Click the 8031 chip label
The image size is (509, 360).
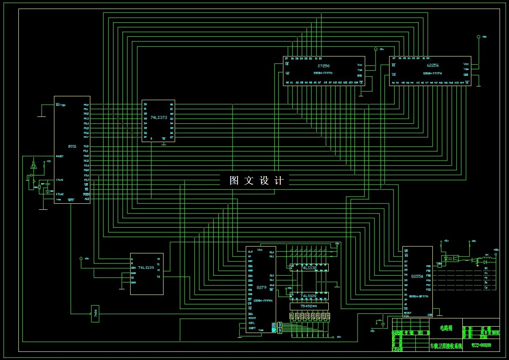(72, 146)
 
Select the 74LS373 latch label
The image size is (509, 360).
(158, 117)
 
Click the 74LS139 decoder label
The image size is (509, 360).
(146, 268)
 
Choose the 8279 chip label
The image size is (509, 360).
(261, 288)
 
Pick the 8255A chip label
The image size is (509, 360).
(417, 277)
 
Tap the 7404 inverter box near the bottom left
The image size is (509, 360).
(95, 313)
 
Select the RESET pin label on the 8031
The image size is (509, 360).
(60, 156)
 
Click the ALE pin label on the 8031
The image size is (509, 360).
(87, 199)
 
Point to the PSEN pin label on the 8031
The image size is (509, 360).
(86, 194)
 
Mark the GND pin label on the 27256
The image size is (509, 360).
(360, 75)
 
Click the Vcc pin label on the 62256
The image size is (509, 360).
(466, 64)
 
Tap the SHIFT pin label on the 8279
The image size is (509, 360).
(253, 328)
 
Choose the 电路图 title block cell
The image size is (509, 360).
(446, 328)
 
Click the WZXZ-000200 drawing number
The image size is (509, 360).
(481, 345)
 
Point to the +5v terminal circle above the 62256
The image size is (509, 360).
(479, 37)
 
